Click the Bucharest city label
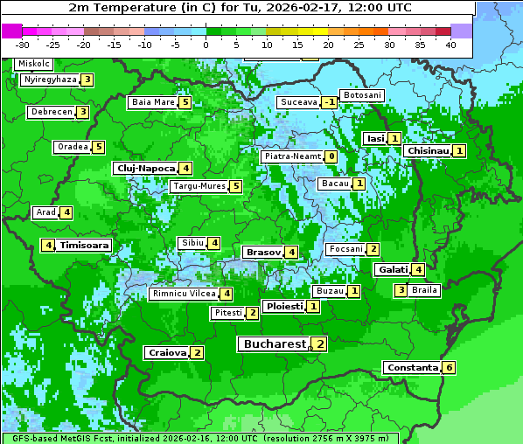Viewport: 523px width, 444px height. pos(274,344)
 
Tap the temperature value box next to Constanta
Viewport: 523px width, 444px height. pos(449,367)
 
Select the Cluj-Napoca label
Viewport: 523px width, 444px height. pos(144,168)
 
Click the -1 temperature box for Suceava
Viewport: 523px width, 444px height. pos(329,102)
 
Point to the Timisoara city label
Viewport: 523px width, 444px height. pos(85,246)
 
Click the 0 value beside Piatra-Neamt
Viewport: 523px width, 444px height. pos(331,156)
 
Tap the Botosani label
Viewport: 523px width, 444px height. pos(361,94)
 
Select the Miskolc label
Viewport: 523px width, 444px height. pos(34,64)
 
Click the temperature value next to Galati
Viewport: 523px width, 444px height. pos(418,269)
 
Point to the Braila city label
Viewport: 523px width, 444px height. pos(424,289)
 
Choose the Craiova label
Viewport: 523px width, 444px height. pos(167,352)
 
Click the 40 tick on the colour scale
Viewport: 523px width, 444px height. pos(450,45)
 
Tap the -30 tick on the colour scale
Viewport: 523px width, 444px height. pos(23,45)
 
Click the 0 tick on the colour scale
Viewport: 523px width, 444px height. pos(206,45)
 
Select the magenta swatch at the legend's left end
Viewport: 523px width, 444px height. pos(12,30)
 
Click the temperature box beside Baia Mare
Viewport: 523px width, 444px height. pos(185,102)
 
